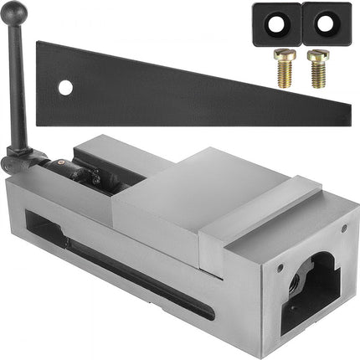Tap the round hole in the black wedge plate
pyautogui.click(x=64, y=86)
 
